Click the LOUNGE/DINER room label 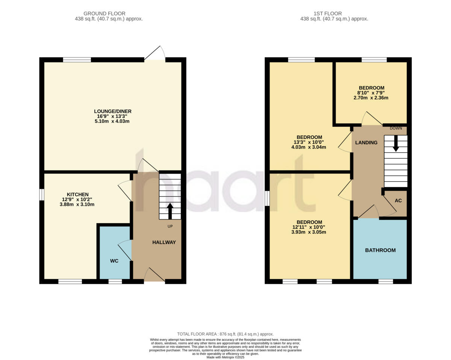click(x=112, y=111)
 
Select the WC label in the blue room click(x=114, y=261)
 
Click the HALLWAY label click(x=164, y=242)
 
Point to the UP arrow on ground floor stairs click(x=170, y=211)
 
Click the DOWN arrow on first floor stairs click(x=395, y=144)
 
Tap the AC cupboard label click(x=398, y=201)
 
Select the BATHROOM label click(x=380, y=250)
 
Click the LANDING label click(x=366, y=143)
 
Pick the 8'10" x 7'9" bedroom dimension click(x=371, y=93)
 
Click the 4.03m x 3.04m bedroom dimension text click(x=309, y=147)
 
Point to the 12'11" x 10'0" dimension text click(x=309, y=227)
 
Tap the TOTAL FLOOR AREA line click(x=225, y=334)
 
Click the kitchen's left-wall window click(x=42, y=195)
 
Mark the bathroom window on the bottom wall click(x=386, y=281)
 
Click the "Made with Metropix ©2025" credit click(x=225, y=357)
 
